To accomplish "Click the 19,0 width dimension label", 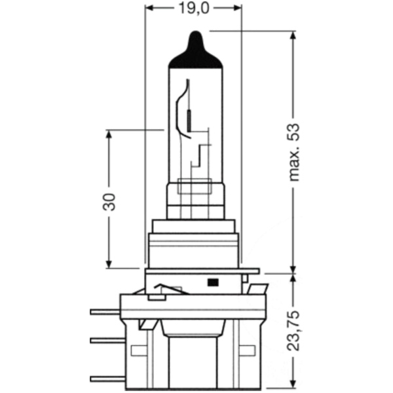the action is [x=194, y=9].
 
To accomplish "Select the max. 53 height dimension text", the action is [x=294, y=152].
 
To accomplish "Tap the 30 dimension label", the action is [x=109, y=202].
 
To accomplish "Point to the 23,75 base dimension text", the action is [x=293, y=331].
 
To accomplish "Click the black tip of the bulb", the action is [x=195, y=50].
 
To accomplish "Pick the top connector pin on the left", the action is [x=105, y=312].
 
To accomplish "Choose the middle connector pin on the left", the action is [x=108, y=341].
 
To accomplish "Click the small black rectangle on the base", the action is [x=213, y=282].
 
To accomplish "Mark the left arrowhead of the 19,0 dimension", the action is [x=149, y=8].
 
